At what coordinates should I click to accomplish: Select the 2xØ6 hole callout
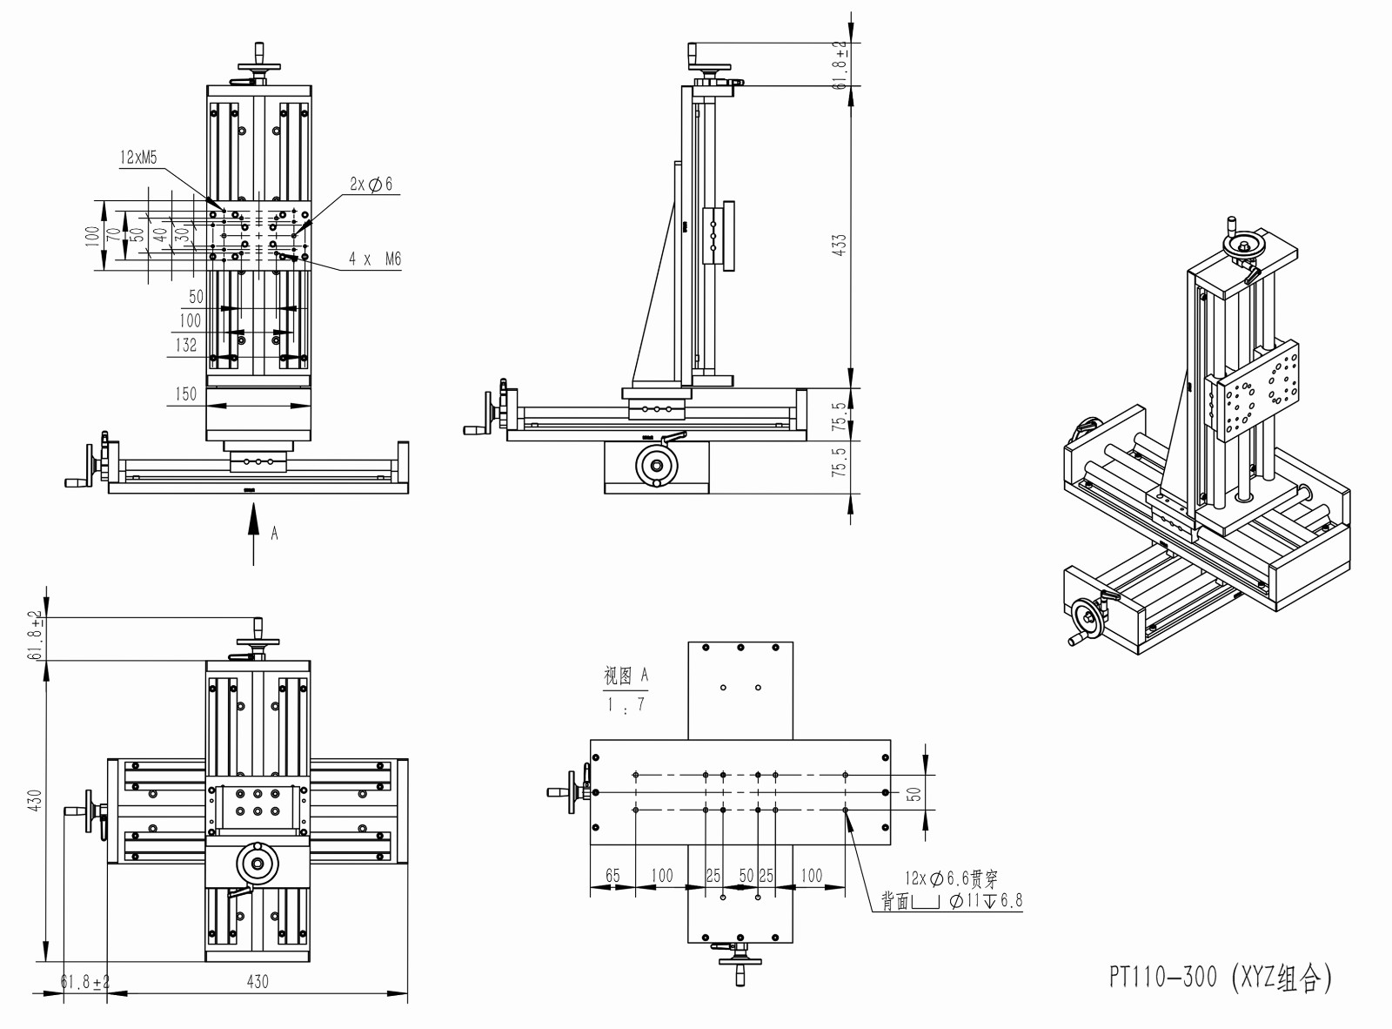(371, 184)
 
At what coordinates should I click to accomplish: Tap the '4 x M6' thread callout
(375, 259)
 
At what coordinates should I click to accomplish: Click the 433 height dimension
(839, 243)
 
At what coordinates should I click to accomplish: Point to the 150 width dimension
(186, 393)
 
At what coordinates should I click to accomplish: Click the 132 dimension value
(186, 346)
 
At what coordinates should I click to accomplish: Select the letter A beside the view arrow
(275, 533)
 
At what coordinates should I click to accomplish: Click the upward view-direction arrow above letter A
(254, 535)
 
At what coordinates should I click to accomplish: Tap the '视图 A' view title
(626, 675)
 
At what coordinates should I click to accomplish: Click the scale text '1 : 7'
(626, 704)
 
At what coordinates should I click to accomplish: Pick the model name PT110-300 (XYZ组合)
(1220, 979)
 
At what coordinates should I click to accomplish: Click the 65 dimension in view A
(612, 875)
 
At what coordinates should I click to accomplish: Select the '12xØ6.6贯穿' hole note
(950, 878)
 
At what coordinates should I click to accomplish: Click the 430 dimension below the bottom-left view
(258, 981)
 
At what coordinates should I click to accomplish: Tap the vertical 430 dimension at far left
(35, 802)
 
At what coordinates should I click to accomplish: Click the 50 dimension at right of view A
(913, 794)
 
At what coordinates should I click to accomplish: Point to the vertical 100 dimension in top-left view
(92, 236)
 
